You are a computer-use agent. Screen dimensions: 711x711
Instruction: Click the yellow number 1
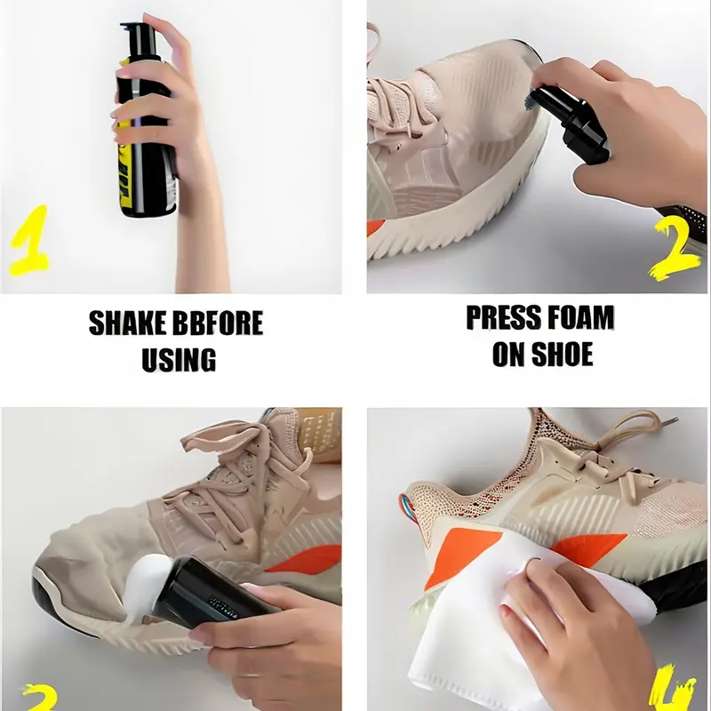point(29,240)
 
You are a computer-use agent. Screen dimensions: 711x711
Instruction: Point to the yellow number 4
point(674,690)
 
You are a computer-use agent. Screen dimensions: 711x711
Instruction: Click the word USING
point(179,360)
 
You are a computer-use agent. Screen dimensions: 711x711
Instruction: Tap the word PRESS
point(498,317)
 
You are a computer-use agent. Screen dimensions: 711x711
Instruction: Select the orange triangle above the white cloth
point(460,555)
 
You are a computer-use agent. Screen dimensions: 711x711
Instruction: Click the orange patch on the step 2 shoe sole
point(372,228)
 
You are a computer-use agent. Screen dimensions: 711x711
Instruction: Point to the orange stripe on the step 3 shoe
point(305,559)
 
